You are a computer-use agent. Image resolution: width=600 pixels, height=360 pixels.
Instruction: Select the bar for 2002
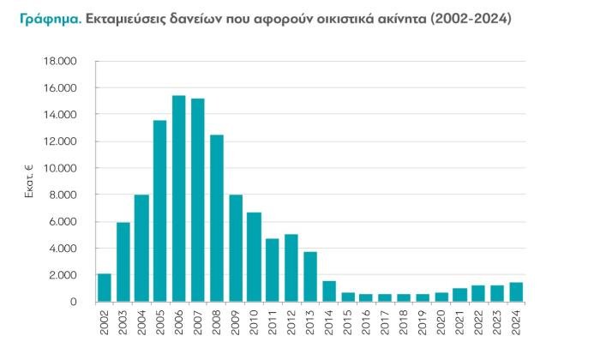point(105,288)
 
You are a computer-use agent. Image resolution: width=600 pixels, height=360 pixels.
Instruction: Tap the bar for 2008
point(217,219)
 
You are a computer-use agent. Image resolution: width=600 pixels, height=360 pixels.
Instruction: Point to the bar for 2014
point(329,291)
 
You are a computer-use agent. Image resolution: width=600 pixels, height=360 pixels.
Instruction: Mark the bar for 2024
point(516,292)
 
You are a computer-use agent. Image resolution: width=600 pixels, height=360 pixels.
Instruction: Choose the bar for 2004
point(141,249)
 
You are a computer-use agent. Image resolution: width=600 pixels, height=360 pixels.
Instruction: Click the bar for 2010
point(254,257)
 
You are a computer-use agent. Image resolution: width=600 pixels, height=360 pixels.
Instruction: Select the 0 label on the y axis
point(74,303)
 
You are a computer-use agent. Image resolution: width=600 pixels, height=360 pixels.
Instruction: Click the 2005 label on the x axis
point(161,322)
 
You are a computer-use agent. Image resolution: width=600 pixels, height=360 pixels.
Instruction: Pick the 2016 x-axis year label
point(367,322)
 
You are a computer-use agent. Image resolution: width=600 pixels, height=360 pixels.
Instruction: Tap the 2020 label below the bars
point(441,322)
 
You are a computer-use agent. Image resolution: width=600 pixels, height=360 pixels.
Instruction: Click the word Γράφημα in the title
point(47,18)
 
